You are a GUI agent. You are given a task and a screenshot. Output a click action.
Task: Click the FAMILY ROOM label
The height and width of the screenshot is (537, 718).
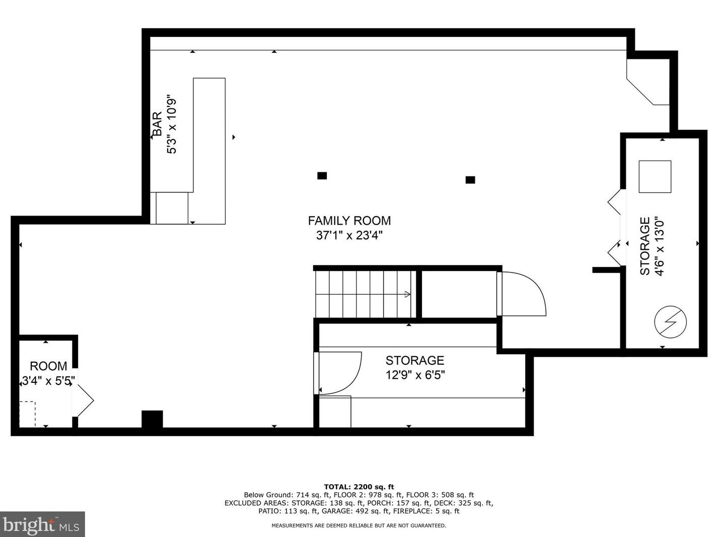tap(349, 221)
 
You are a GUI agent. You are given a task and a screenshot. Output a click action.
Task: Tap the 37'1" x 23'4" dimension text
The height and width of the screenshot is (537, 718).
tap(349, 235)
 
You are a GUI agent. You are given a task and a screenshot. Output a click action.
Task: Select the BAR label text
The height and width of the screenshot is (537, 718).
tap(157, 124)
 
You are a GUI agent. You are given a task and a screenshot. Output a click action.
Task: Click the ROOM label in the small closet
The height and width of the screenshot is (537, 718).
tap(48, 366)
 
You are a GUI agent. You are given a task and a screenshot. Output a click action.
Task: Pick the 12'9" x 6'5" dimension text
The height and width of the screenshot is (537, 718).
tap(415, 375)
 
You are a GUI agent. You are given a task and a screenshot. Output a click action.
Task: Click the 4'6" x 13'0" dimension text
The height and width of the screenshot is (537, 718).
tap(660, 246)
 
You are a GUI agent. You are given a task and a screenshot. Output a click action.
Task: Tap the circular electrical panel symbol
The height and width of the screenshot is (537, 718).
tap(670, 321)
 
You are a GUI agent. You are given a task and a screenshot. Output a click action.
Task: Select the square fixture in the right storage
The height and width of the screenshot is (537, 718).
tap(655, 176)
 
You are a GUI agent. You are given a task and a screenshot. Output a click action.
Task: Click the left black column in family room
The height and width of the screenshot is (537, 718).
tap(322, 176)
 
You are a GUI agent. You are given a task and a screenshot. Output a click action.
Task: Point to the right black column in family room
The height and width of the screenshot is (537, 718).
tap(470, 180)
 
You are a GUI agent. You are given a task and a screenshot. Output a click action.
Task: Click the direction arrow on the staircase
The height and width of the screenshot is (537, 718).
tap(407, 294)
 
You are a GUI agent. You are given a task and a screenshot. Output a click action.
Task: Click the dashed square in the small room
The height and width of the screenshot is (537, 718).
tap(27, 414)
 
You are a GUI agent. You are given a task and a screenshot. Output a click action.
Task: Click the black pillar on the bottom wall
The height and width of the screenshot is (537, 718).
tap(152, 419)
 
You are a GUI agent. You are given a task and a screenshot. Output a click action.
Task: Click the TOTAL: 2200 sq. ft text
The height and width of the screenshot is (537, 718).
tap(358, 487)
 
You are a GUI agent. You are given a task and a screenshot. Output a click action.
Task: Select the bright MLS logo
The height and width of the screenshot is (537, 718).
tap(42, 524)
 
